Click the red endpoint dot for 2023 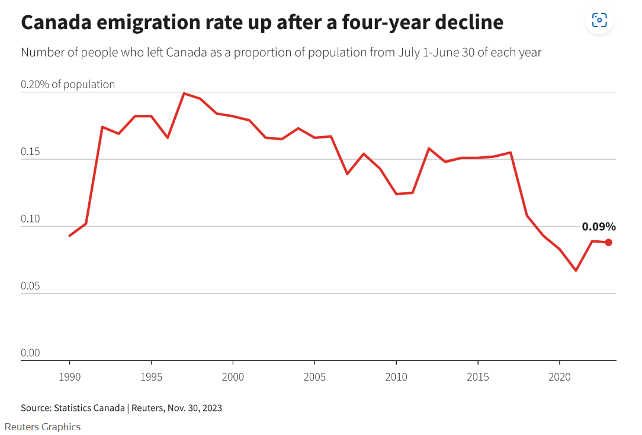point(608,242)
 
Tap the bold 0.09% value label point(599,227)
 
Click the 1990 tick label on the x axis point(70,377)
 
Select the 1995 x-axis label point(151,377)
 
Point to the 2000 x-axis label point(233,377)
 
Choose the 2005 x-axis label point(314,377)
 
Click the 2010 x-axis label point(396,377)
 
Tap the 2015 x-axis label point(477,377)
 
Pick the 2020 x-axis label point(559,377)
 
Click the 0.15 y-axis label point(30,152)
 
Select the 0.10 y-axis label point(30,219)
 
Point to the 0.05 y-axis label point(30,286)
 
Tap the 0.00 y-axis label point(30,353)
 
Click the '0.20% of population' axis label point(68,85)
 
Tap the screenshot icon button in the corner point(599,21)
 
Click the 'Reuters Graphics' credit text point(42,427)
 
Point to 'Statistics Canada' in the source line point(89,408)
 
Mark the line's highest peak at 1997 point(184,93)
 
